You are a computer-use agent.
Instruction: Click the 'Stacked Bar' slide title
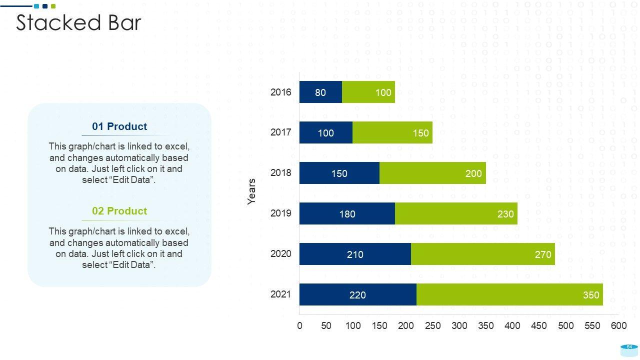(78, 23)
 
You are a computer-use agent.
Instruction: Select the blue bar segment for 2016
(320, 92)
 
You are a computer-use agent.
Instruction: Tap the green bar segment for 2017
(392, 132)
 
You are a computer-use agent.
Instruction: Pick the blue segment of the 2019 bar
(347, 214)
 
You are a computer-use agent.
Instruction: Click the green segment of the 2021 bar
(509, 294)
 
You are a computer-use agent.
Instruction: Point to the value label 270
(543, 254)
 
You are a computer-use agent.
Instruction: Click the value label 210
(355, 254)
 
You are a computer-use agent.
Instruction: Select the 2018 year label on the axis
(281, 173)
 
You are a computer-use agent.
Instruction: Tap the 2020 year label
(281, 254)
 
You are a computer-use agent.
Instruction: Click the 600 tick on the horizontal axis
(619, 326)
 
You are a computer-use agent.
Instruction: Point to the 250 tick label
(432, 326)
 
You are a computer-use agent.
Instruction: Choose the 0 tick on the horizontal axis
(299, 326)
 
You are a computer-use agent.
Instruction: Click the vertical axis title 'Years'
(251, 191)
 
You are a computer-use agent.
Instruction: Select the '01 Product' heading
(119, 126)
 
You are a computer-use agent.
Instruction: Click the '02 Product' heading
(119, 211)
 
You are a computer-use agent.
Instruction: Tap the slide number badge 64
(629, 347)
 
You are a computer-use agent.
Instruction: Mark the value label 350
(591, 295)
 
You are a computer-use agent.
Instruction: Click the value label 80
(320, 92)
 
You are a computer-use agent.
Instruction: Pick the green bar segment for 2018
(432, 173)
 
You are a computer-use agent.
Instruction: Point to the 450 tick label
(539, 326)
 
